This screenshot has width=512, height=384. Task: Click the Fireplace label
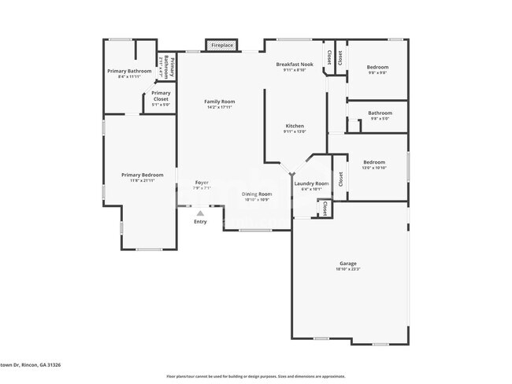coord(221,46)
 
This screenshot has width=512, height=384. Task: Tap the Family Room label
coord(220,102)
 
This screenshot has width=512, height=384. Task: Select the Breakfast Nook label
coord(295,64)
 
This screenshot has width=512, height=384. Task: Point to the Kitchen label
coord(295,126)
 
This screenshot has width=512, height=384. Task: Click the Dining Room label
coord(256,194)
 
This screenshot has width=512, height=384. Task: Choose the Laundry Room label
coord(311,183)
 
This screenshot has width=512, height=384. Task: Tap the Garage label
coord(347,263)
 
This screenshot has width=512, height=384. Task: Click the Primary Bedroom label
coord(142,175)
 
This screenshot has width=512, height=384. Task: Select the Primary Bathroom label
coord(129,71)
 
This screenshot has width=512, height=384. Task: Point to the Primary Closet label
coord(161,95)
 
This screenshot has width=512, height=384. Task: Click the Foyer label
coord(202,183)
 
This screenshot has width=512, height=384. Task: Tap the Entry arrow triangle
coord(200,212)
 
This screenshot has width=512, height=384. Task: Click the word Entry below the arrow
coord(200,222)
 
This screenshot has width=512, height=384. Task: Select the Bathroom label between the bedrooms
coord(380,113)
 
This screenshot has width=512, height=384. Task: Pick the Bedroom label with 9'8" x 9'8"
coord(377,67)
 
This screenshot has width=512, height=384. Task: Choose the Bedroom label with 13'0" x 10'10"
coord(374,161)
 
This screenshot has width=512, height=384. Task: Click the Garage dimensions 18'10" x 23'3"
coord(347,270)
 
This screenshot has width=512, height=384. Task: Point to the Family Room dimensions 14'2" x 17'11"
coord(220,108)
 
